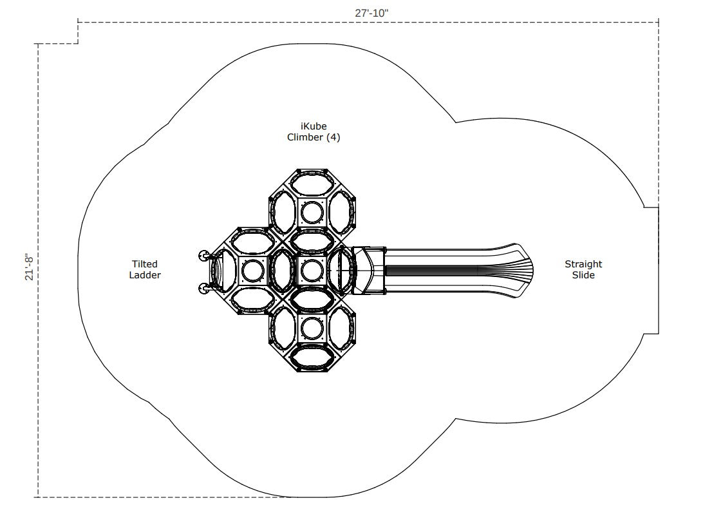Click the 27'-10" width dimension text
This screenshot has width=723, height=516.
[x=371, y=13]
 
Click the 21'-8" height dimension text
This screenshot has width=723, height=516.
[x=30, y=266]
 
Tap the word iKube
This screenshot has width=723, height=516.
[x=314, y=126]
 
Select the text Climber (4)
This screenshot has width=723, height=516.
[x=314, y=137]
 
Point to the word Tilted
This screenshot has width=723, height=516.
[x=145, y=264]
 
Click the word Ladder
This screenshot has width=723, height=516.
[x=145, y=275]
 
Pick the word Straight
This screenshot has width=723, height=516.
[x=583, y=264]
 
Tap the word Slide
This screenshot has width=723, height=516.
[x=583, y=275]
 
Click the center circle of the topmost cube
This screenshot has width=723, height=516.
[x=312, y=213]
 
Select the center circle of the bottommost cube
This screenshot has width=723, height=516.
[x=312, y=328]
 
